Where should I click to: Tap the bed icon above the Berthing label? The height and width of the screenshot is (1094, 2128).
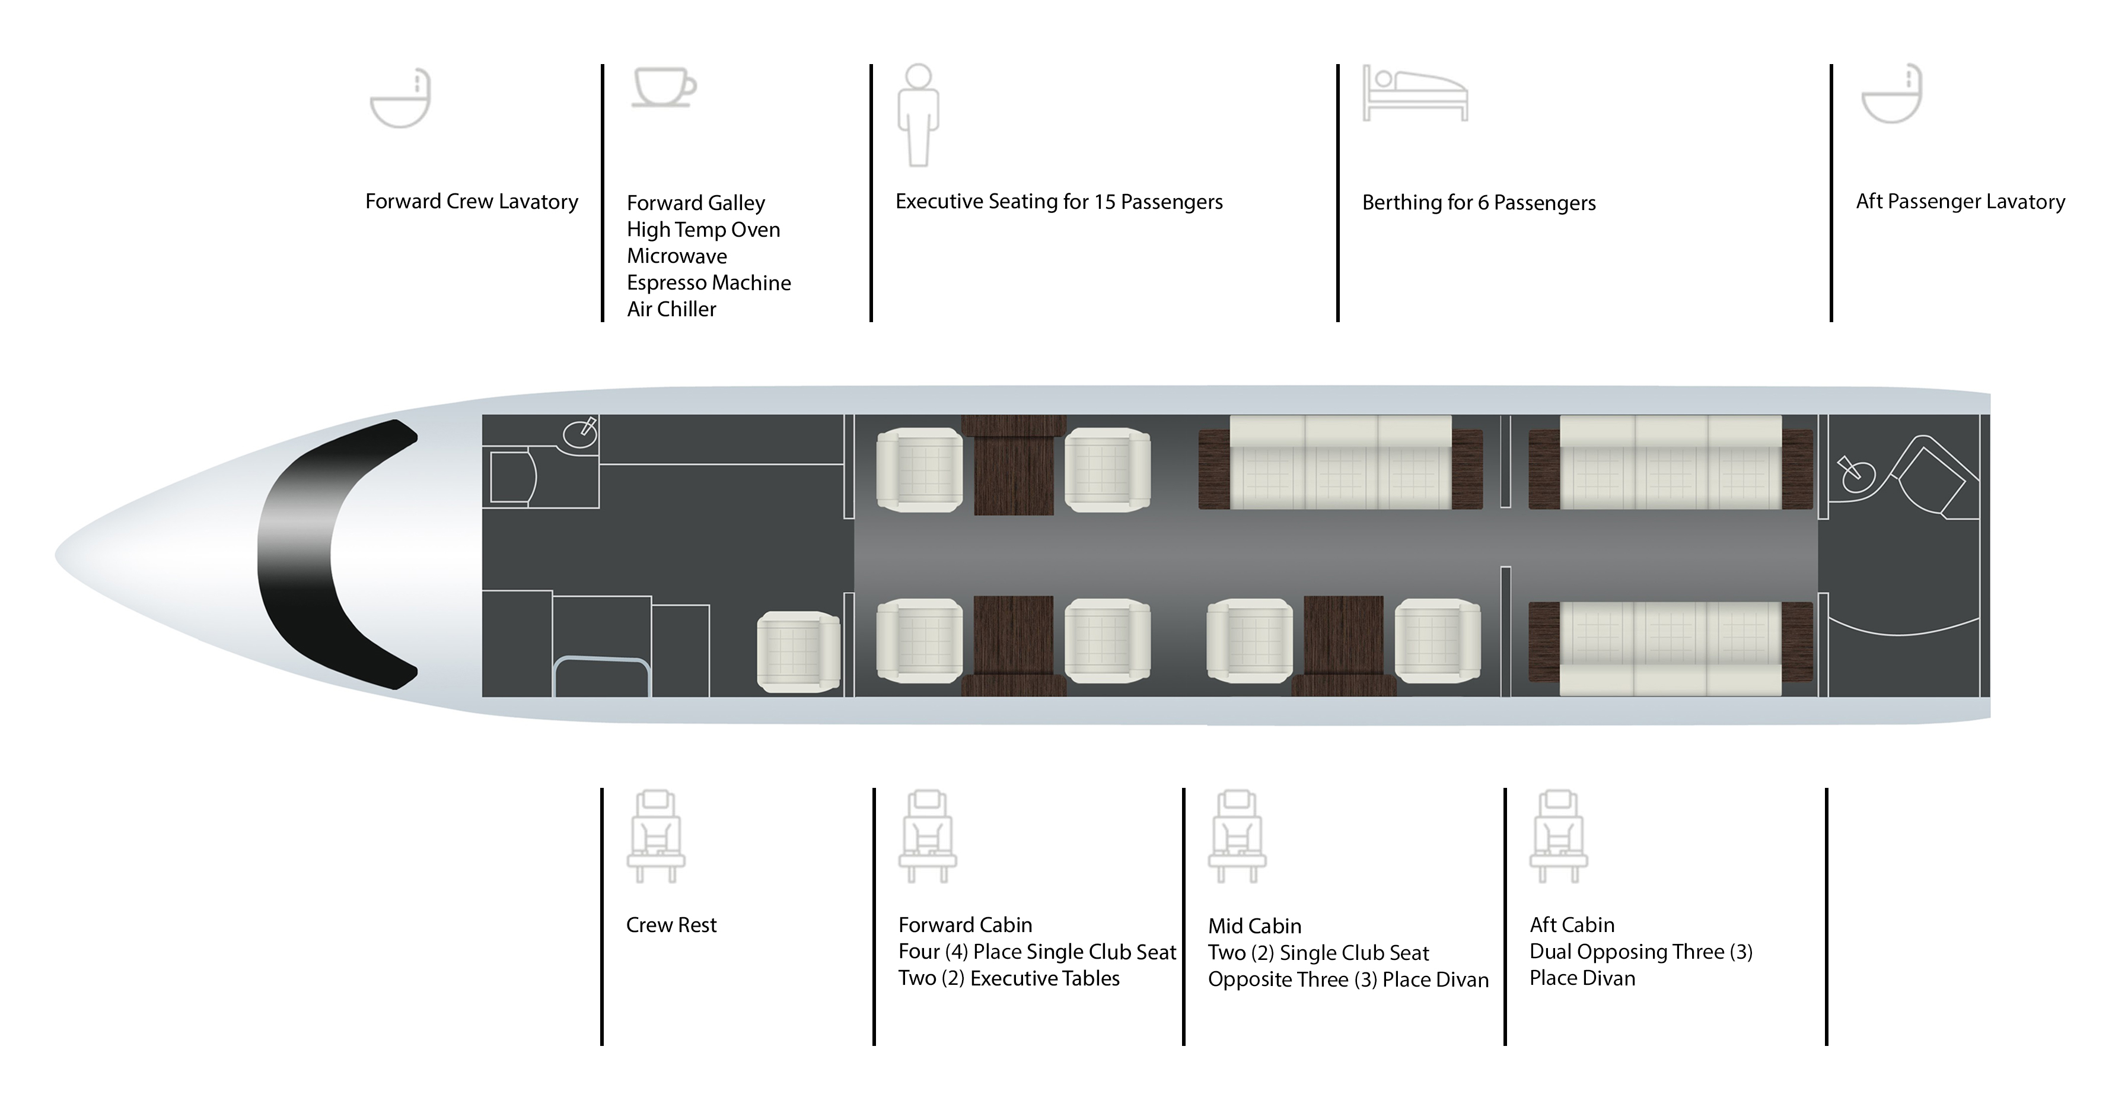coord(1415,93)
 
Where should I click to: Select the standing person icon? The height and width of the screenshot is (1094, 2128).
coord(919,115)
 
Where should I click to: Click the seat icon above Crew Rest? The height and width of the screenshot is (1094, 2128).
coord(656,836)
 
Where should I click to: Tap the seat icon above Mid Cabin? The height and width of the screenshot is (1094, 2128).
coord(1237,836)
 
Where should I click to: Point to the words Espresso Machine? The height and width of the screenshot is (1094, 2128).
coord(709,282)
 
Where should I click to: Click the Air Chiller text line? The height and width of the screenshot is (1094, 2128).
coord(671,309)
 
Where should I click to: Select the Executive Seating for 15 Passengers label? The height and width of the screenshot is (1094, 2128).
coord(1059,202)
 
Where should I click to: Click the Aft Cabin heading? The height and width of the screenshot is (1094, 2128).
coord(1572,924)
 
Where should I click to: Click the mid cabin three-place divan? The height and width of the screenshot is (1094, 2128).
coord(1341,462)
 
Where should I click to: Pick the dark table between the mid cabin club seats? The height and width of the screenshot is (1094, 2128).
coord(1344,644)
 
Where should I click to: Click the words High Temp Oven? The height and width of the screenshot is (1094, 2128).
coord(703,230)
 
